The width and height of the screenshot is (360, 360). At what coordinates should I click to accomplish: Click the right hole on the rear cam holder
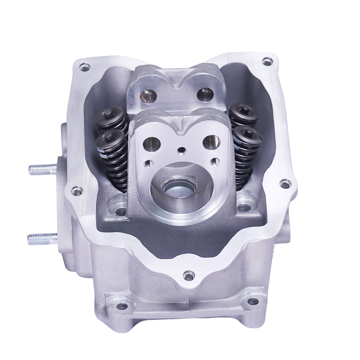point(206,93)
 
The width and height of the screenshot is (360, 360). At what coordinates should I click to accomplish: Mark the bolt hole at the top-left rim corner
point(82,68)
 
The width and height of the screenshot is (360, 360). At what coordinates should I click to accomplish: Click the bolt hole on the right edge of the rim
point(284,184)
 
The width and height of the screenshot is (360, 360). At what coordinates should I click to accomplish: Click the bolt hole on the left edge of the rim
point(77,191)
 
